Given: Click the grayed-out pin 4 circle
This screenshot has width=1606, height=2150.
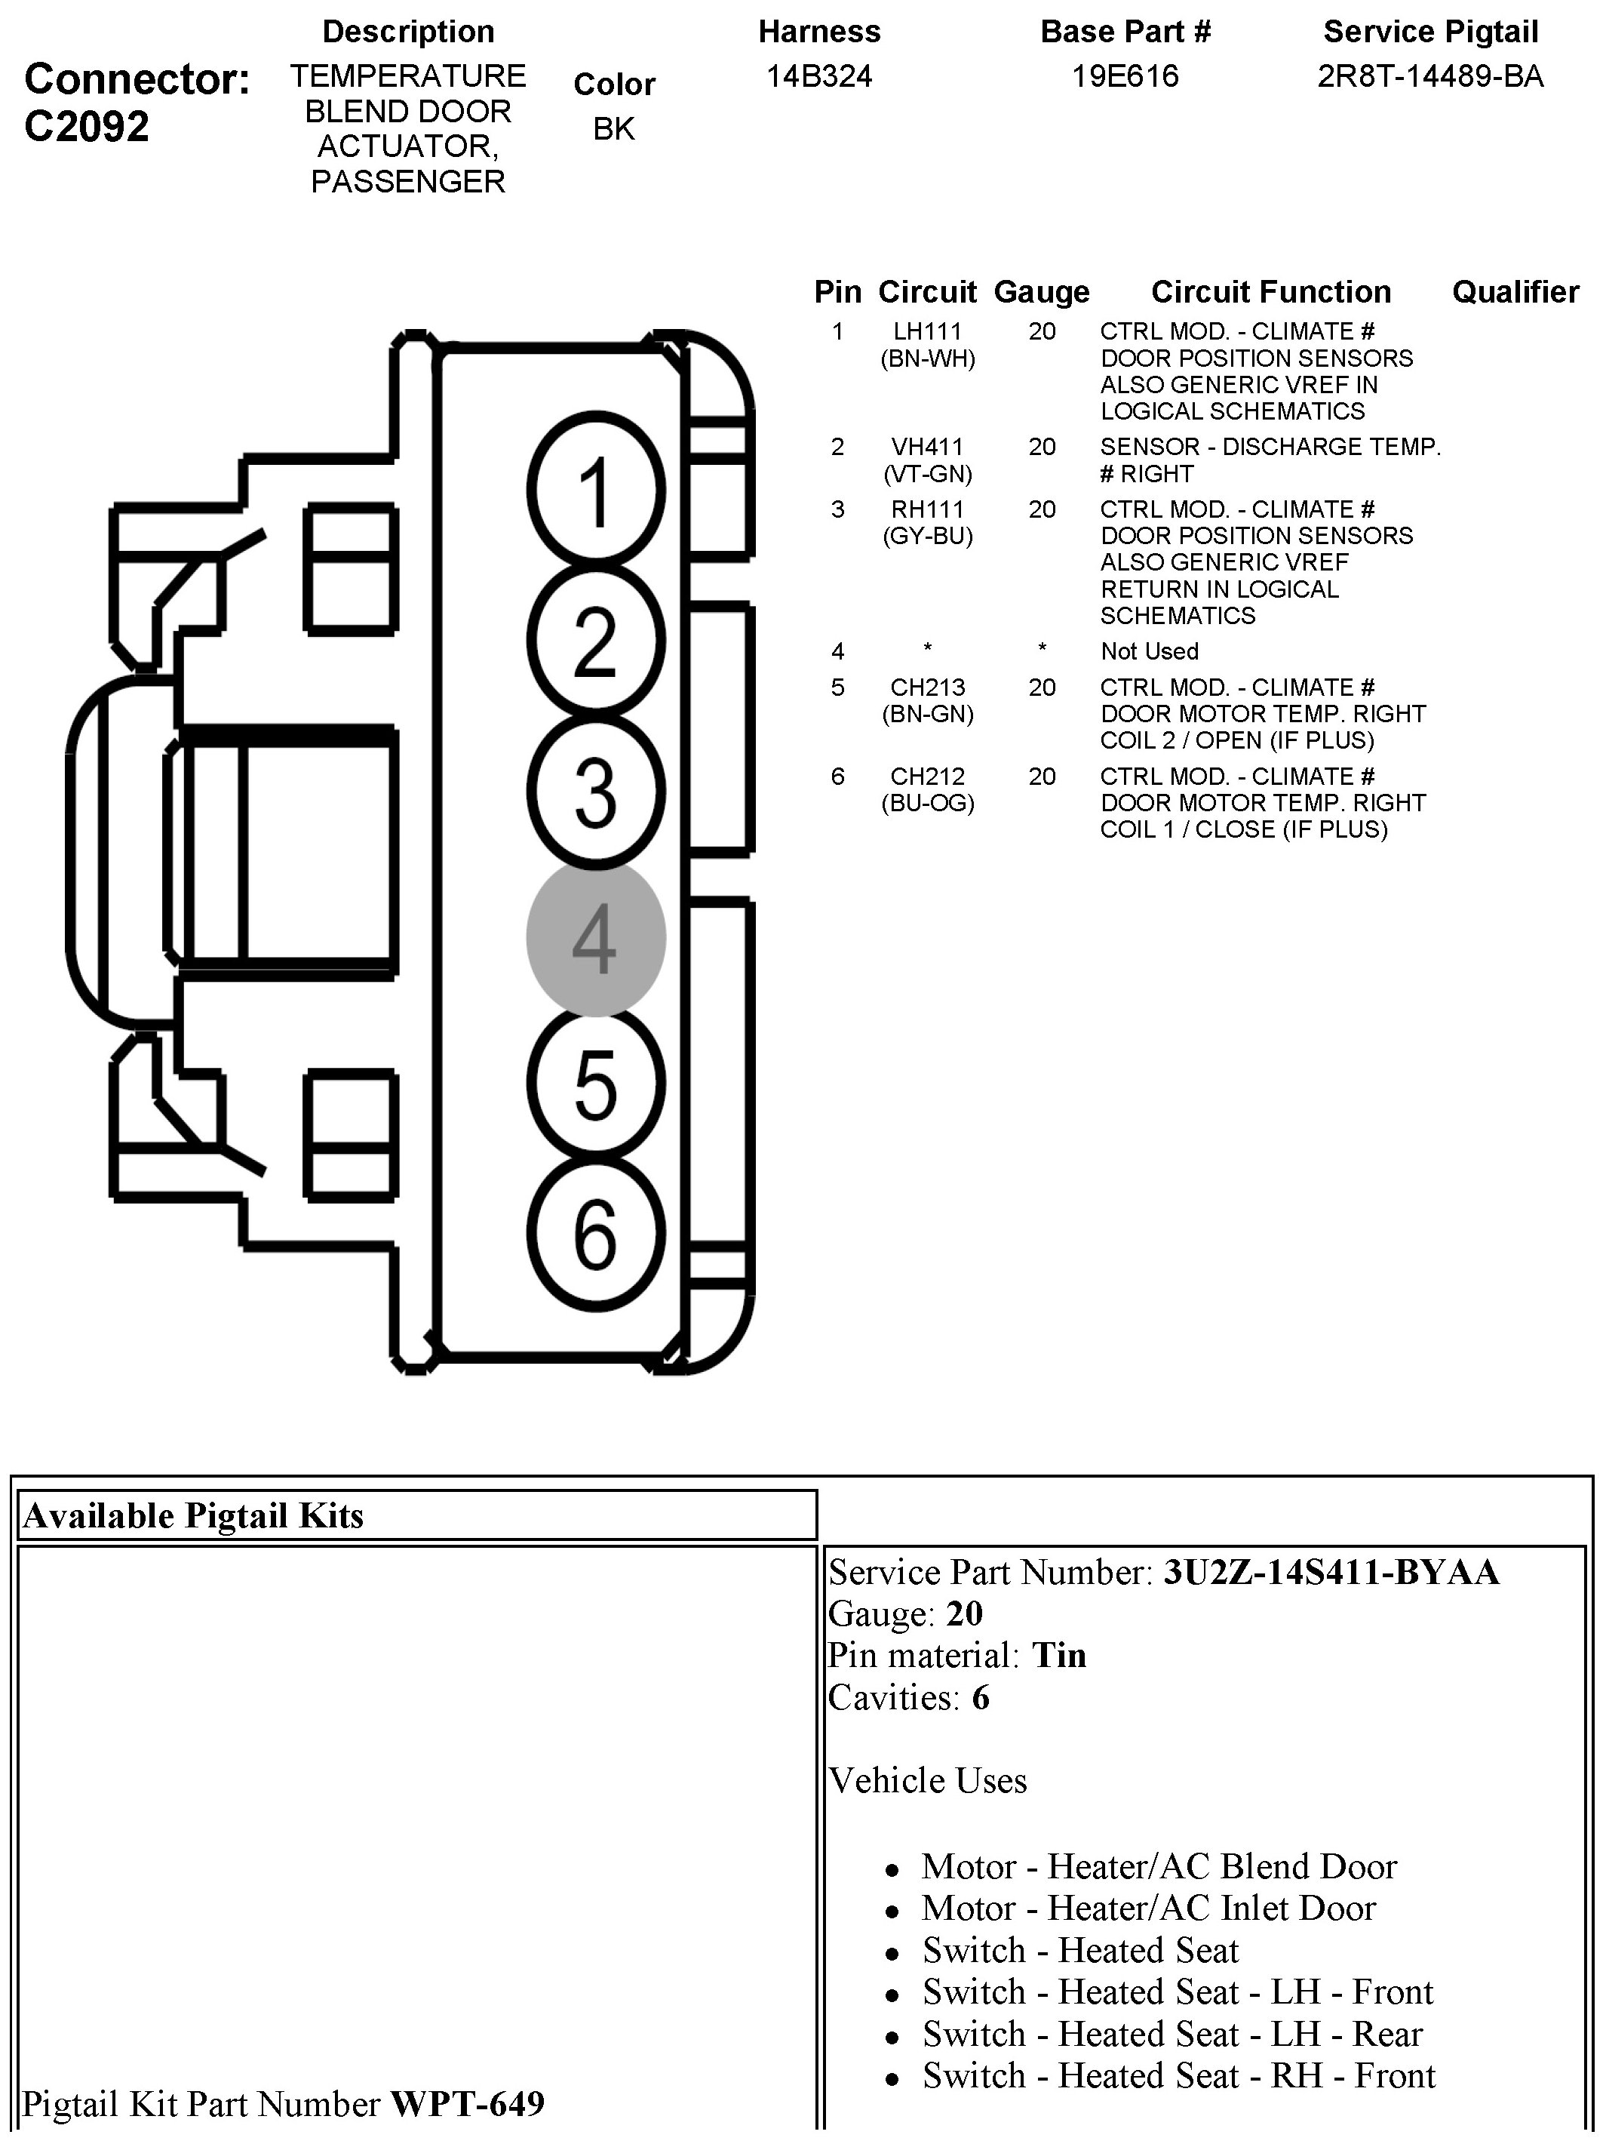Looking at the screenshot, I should click(596, 938).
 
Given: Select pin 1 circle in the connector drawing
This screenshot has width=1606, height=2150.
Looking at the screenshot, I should click(596, 491).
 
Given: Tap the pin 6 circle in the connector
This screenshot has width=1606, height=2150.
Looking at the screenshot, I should click(596, 1235).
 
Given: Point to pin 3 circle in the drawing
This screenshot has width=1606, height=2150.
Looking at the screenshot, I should click(596, 791).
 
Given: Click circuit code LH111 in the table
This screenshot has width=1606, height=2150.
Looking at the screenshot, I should click(927, 331).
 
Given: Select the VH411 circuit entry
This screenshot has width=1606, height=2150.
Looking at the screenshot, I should click(927, 447).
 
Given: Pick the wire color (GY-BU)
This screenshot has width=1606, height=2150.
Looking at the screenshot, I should click(927, 536).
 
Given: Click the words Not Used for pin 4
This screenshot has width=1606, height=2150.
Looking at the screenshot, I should click(1150, 651).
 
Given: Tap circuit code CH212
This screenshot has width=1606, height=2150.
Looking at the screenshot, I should click(927, 777).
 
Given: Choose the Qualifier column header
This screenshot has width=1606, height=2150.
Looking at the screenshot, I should click(1515, 291).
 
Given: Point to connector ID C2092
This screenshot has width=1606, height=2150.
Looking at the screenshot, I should click(87, 126).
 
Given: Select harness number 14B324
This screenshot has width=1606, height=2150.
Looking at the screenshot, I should click(819, 75).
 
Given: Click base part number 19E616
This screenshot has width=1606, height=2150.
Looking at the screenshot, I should click(1124, 75).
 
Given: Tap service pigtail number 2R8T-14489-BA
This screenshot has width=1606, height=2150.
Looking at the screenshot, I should click(1430, 75).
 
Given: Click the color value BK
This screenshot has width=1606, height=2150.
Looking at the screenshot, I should click(614, 128).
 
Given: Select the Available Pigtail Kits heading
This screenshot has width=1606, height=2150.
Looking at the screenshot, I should click(193, 1515).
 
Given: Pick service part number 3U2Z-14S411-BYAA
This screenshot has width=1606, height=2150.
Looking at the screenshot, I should click(1331, 1572).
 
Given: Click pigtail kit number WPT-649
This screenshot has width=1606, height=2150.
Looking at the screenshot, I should click(468, 2103).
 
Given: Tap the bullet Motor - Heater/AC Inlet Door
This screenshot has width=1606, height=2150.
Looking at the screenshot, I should click(1148, 1908).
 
